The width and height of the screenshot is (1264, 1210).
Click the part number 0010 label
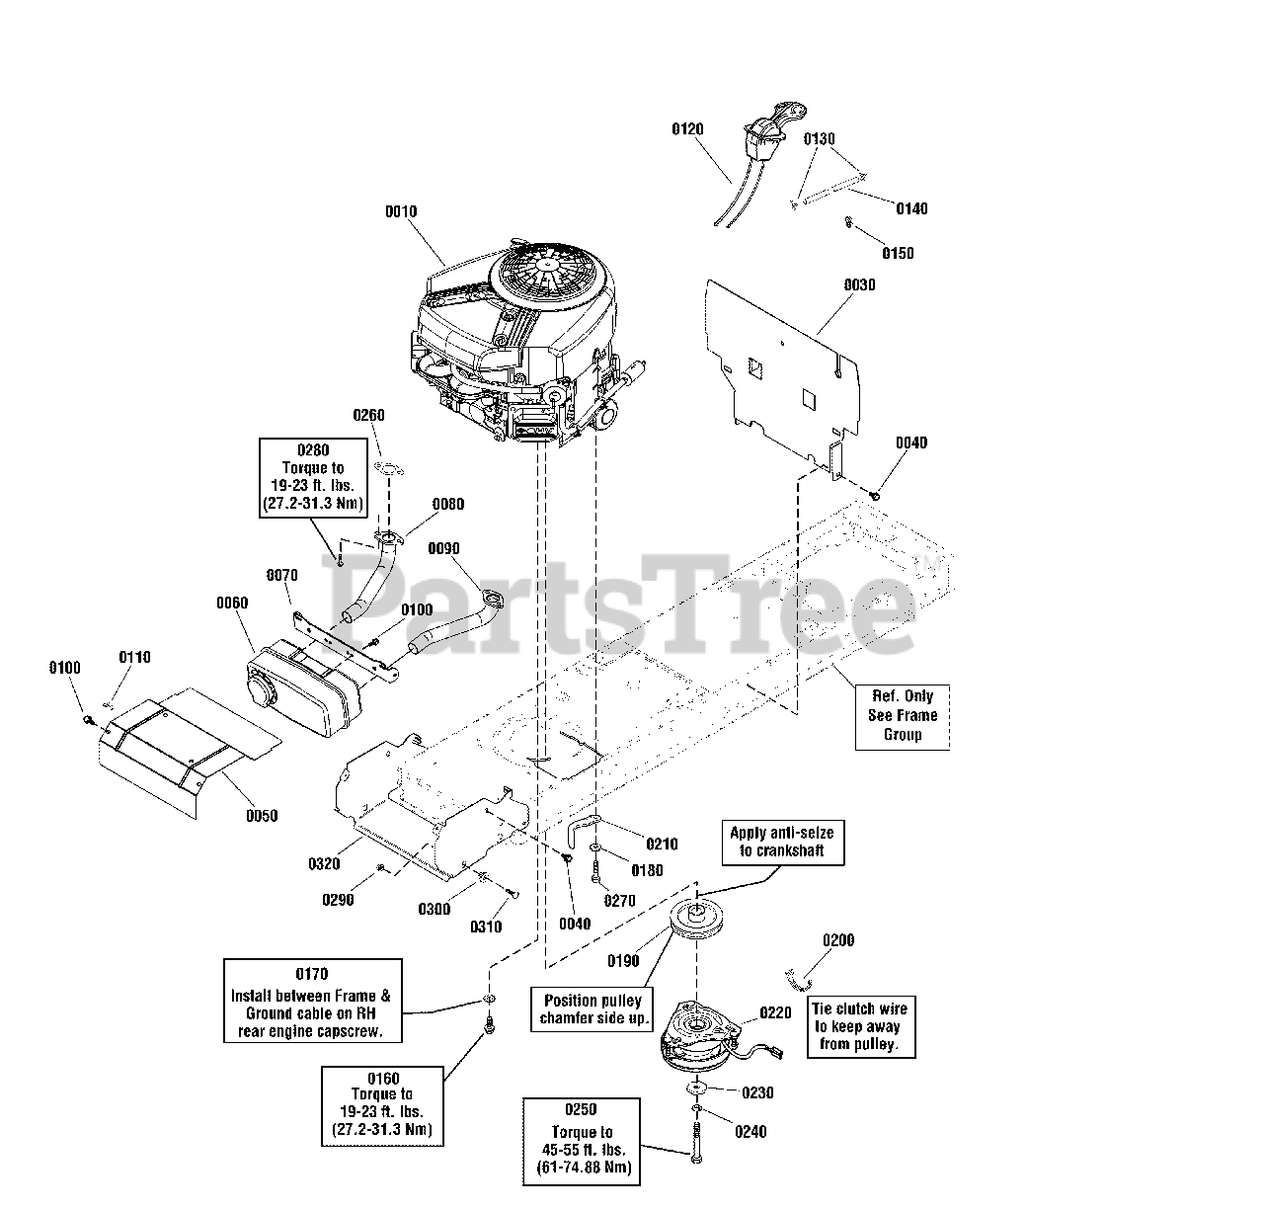401,211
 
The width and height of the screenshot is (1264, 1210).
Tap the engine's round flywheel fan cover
551,276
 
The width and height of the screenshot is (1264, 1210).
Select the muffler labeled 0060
303,688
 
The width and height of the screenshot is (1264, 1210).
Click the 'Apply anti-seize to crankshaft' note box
783,843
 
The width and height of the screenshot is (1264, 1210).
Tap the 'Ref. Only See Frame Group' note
903,717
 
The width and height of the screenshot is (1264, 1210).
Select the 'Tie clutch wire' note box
861,1026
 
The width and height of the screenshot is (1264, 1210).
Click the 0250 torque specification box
582,1142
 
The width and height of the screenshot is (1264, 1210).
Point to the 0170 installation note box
312,1001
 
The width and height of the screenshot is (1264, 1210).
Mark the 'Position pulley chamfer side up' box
592,1009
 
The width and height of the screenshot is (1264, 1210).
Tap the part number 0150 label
898,253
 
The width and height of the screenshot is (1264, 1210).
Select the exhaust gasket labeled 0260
389,467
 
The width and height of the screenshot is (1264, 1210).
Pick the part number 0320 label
324,863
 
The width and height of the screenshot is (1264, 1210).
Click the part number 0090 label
443,548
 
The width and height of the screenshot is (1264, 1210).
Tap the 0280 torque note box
313,478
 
